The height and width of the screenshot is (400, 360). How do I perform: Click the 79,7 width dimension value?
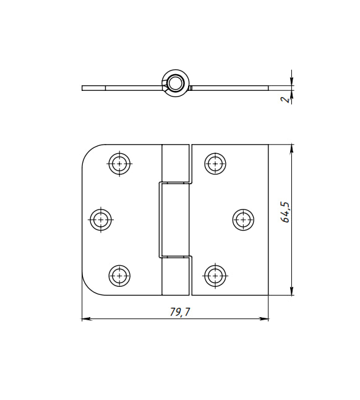point(180,312)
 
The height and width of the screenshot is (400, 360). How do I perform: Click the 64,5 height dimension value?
point(285,212)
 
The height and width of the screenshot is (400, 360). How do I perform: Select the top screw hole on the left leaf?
point(119,163)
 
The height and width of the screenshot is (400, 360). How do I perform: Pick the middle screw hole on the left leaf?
point(101,219)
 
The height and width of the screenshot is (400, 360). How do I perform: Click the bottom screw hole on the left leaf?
point(119,276)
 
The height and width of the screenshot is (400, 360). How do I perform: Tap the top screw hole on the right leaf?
point(215,163)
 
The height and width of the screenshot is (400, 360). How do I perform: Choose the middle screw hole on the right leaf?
point(243,219)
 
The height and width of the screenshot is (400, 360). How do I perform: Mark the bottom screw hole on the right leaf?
point(215,276)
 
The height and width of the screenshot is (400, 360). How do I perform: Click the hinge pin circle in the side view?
point(176,83)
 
